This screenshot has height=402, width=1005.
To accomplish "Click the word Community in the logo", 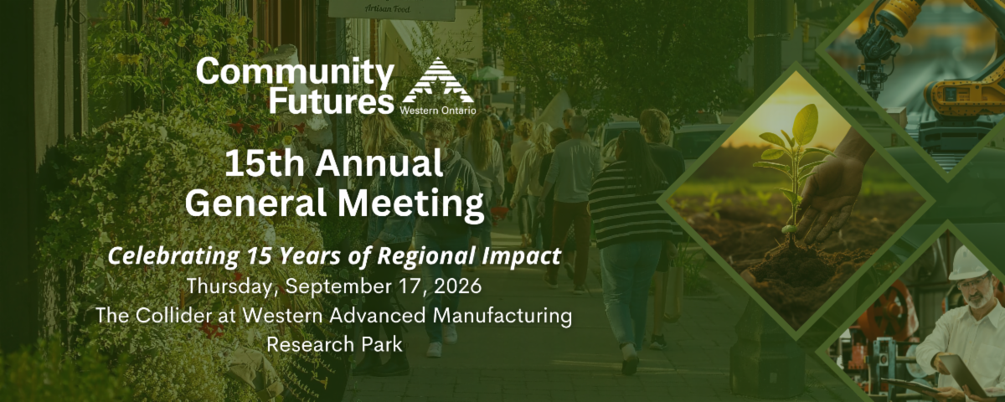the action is [x=295, y=72].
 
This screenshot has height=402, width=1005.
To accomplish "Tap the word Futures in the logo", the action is [x=331, y=101].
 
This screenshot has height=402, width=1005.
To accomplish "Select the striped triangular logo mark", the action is [x=438, y=80].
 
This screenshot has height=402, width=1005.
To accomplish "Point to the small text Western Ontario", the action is [x=437, y=111].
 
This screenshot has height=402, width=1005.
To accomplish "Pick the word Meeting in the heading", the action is [x=410, y=204].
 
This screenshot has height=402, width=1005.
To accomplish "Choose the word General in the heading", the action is [x=255, y=204].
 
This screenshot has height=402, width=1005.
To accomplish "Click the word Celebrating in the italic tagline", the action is [x=173, y=256].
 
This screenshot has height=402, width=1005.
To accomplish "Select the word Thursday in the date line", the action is [x=229, y=286].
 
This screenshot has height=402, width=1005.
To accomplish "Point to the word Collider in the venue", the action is [x=173, y=316].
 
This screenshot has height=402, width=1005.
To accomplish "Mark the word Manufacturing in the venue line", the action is [x=502, y=316].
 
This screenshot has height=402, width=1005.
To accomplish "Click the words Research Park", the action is [x=334, y=344].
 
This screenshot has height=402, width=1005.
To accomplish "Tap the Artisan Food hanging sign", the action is [x=392, y=9].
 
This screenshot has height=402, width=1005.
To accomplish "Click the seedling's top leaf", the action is [x=806, y=123].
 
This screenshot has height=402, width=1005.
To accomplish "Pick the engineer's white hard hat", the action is [x=968, y=264].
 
